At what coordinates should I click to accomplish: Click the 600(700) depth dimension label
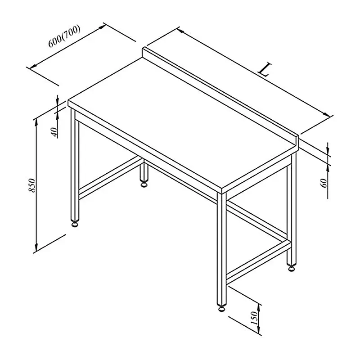[x=64, y=36]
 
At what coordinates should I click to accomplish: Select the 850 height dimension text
[x=32, y=185]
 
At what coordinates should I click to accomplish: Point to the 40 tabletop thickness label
[x=54, y=132]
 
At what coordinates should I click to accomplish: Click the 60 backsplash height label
[x=324, y=183]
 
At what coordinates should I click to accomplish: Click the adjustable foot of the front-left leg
[x=75, y=224]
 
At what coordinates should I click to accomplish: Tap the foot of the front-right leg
[x=221, y=309]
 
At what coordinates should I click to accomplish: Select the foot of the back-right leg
[x=291, y=268]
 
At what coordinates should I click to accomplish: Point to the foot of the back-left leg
[x=144, y=184]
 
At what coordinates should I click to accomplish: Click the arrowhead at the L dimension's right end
[x=327, y=114]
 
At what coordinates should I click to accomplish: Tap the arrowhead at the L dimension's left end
[x=181, y=31]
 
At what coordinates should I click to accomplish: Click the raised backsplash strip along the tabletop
[x=220, y=96]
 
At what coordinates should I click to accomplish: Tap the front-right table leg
[x=221, y=249]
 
